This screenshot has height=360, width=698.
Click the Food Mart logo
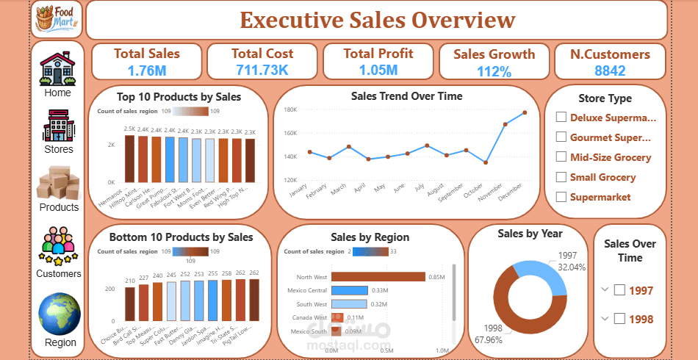click(x=57, y=19)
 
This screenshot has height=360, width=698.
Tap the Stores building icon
click(x=58, y=126)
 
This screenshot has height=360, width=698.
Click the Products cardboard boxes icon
click(x=58, y=183)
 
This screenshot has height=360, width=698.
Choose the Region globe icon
click(x=60, y=314)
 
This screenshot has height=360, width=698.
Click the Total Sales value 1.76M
click(x=146, y=71)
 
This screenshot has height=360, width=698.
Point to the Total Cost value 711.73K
click(x=262, y=71)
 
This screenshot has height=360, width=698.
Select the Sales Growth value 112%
click(x=494, y=71)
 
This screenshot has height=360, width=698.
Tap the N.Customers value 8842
click(x=610, y=71)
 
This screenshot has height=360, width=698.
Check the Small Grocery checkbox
click(x=561, y=177)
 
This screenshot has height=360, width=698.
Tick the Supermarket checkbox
click(x=561, y=197)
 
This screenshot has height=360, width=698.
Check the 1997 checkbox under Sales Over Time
click(x=619, y=290)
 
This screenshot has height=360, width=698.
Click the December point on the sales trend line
click(x=525, y=112)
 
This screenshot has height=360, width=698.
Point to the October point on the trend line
click(x=485, y=162)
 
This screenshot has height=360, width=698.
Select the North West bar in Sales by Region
click(x=378, y=276)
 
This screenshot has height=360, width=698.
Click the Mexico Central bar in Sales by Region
click(x=349, y=290)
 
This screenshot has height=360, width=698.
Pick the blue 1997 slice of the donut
click(x=543, y=271)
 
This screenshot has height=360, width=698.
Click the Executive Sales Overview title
click(x=378, y=20)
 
